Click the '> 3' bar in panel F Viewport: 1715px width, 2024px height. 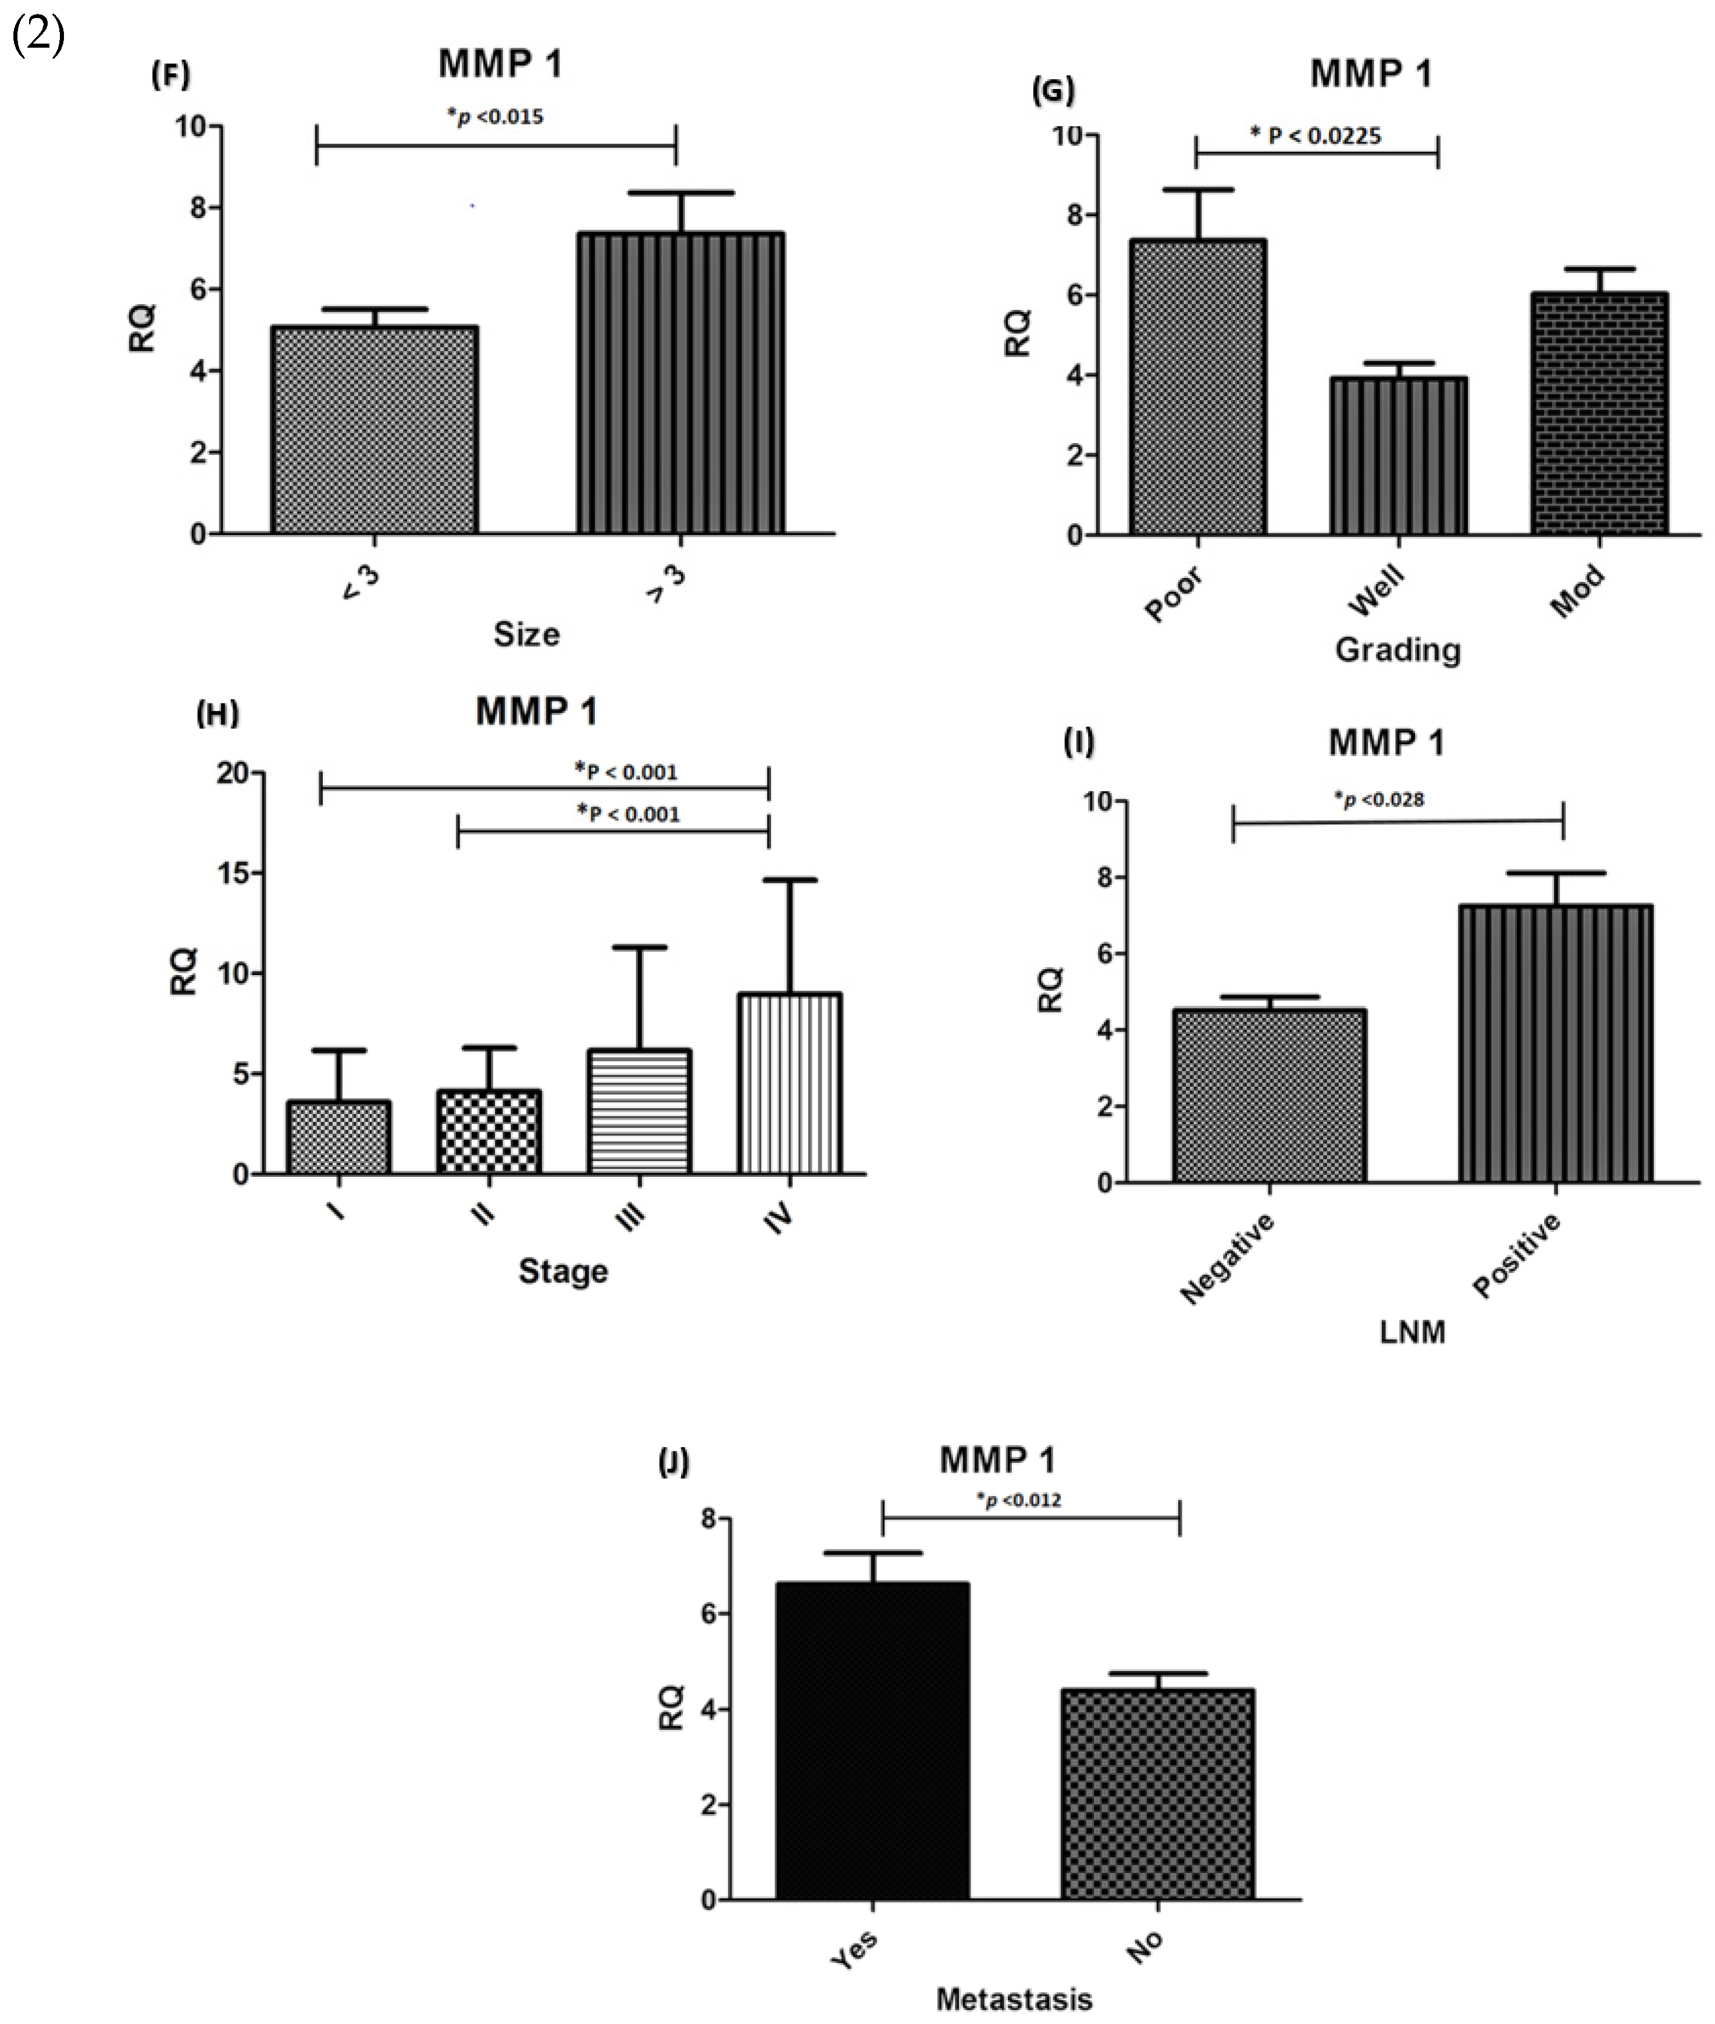point(680,383)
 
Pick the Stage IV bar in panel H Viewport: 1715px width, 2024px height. point(789,1084)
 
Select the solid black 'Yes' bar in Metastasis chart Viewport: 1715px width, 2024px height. point(872,1740)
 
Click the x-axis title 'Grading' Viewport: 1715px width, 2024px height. point(1397,649)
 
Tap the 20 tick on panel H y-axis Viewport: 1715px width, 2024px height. point(233,773)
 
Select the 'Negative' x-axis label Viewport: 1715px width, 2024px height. point(1227,1258)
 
